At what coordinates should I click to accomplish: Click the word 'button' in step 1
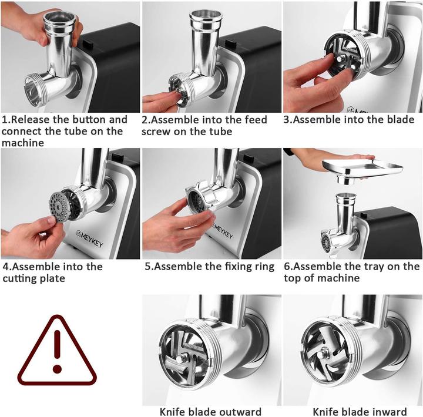[92, 120]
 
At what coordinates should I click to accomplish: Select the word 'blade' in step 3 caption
[399, 120]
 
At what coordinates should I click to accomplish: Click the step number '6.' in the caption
[288, 267]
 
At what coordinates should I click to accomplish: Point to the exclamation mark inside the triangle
[57, 349]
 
